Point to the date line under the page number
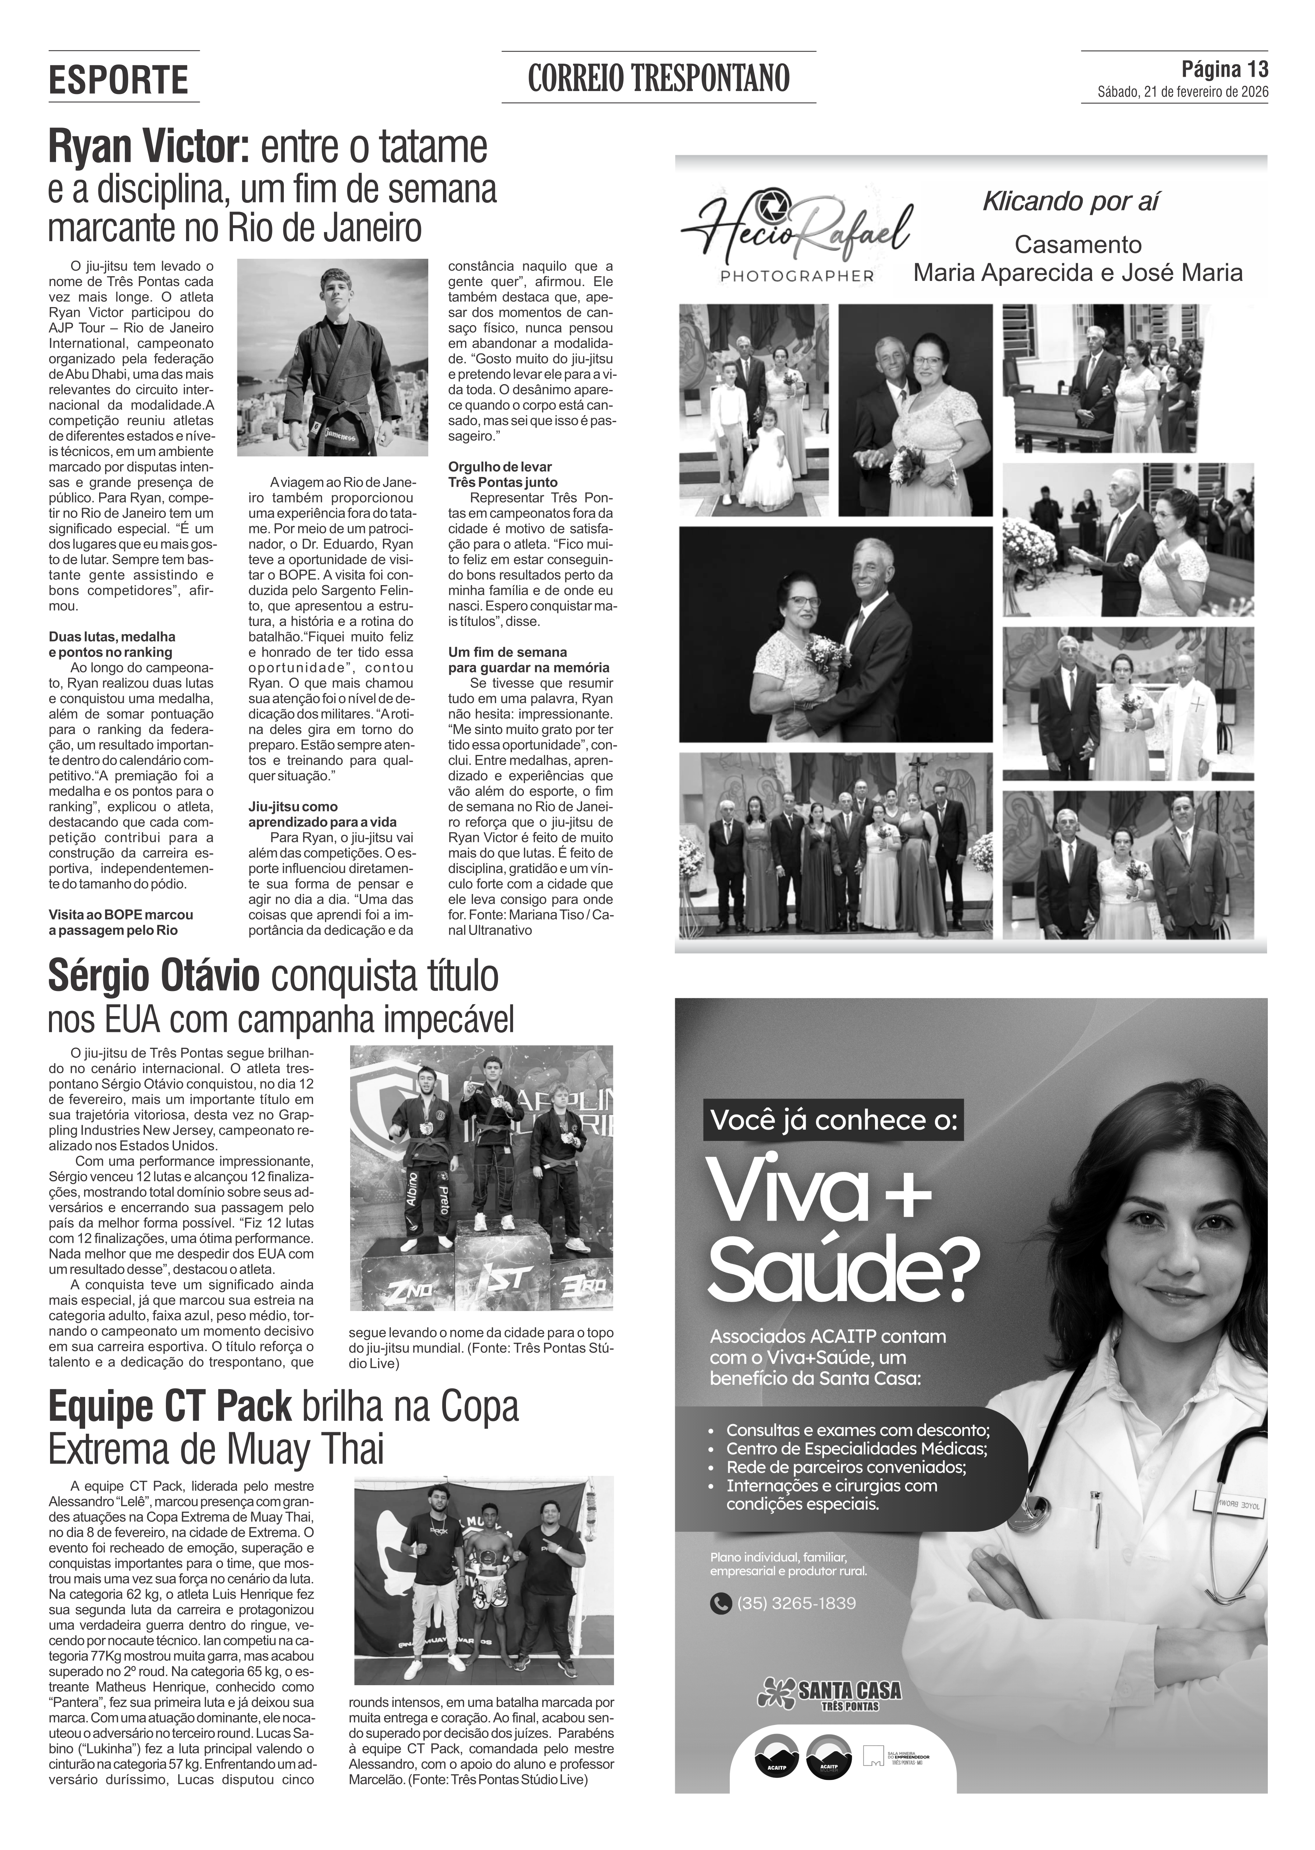click(1182, 92)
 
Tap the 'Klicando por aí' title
click(1070, 202)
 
